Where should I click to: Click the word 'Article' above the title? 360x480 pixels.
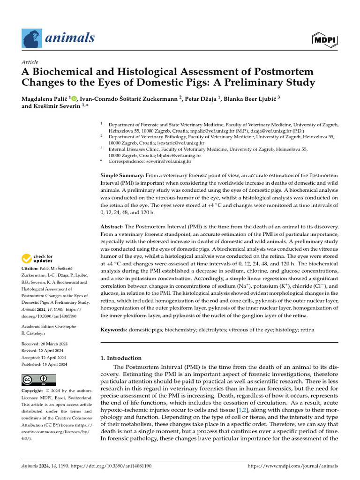point(30,62)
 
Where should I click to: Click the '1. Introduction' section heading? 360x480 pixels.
point(121,358)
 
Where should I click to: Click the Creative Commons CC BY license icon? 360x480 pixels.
point(38,380)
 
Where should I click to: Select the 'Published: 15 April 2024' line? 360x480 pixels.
point(45,364)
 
